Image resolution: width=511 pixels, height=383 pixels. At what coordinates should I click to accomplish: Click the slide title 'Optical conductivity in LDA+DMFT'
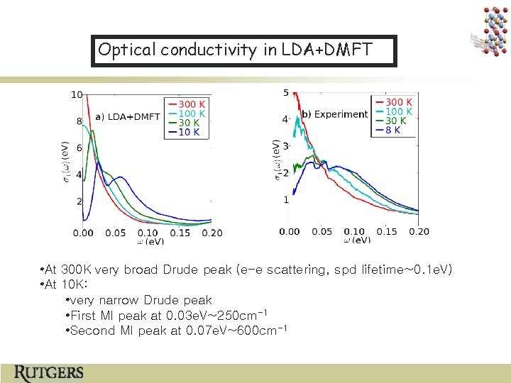(x=243, y=50)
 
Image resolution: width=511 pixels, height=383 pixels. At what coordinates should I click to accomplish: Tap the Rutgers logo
(x=49, y=372)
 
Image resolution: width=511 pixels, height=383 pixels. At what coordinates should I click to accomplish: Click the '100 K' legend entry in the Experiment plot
(x=399, y=112)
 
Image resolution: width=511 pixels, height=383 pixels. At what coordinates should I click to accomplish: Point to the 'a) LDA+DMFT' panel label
(x=127, y=116)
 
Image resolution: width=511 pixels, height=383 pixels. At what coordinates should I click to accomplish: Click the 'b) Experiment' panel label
(x=335, y=114)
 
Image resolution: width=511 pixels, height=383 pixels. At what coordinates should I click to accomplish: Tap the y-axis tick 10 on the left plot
(x=77, y=94)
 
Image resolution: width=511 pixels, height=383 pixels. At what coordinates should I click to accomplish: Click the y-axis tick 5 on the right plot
(x=285, y=93)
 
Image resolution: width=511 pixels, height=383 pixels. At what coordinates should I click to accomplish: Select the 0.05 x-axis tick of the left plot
(x=116, y=233)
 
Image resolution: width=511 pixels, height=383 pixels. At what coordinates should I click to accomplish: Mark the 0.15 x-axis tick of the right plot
(x=387, y=231)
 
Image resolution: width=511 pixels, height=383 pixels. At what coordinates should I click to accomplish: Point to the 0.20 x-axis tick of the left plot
(x=211, y=233)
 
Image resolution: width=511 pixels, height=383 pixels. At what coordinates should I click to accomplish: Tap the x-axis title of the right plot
(x=358, y=240)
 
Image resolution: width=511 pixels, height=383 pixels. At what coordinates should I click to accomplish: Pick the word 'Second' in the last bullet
(x=92, y=331)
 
